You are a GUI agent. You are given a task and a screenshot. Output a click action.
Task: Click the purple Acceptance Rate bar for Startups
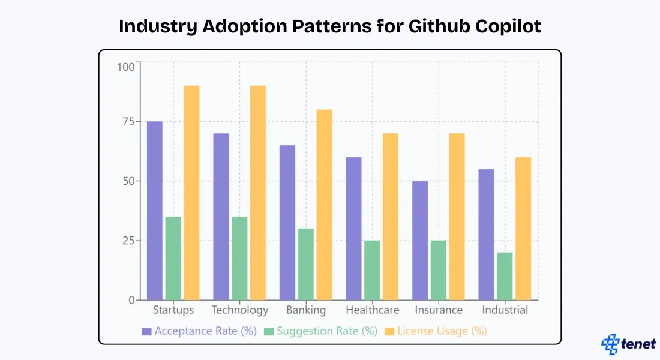(x=155, y=210)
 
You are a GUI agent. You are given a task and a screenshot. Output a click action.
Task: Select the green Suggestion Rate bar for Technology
(x=239, y=258)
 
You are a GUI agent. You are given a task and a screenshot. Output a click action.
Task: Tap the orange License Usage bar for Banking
(x=324, y=204)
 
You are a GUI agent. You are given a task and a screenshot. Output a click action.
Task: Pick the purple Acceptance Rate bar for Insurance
(x=420, y=240)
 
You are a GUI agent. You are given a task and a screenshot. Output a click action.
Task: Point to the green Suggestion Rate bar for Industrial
(x=505, y=276)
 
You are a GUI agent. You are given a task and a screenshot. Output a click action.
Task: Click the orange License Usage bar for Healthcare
(x=391, y=216)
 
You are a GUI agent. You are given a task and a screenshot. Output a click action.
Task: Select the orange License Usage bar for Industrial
(x=523, y=228)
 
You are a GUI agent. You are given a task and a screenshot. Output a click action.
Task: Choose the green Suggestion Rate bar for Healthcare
(x=372, y=270)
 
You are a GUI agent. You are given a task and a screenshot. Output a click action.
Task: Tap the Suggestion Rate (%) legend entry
(x=321, y=331)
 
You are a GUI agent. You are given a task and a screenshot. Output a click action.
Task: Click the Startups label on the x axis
(x=173, y=310)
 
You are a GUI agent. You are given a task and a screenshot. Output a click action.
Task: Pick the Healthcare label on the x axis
(x=372, y=310)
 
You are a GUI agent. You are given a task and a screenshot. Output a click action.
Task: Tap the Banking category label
(x=306, y=310)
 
